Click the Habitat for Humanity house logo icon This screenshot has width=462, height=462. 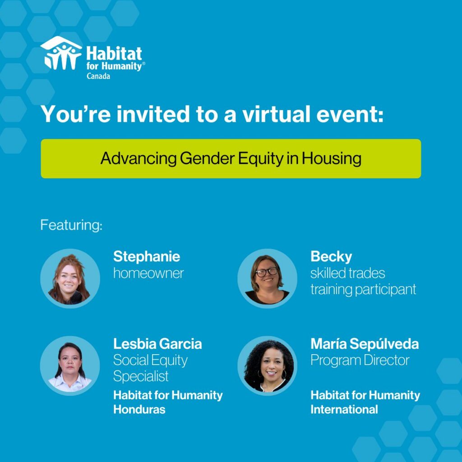click(61, 53)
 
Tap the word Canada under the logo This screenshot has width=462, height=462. click(98, 76)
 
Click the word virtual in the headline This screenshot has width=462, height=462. click(276, 114)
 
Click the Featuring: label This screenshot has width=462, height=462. click(71, 225)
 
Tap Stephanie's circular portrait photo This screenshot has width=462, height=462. click(70, 278)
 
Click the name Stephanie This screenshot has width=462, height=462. click(147, 257)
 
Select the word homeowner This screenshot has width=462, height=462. click(148, 273)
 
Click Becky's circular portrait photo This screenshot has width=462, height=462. click(267, 278)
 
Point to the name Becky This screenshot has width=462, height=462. click(331, 257)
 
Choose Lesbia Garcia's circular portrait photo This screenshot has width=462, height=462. click(70, 365)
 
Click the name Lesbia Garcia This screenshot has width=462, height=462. click(157, 344)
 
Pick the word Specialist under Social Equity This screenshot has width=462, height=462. click(141, 377)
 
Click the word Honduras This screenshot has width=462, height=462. click(139, 410)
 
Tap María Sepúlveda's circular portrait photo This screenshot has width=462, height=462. click(267, 365)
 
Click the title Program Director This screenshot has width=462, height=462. click(360, 360)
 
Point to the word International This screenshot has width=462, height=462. click(344, 410)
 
